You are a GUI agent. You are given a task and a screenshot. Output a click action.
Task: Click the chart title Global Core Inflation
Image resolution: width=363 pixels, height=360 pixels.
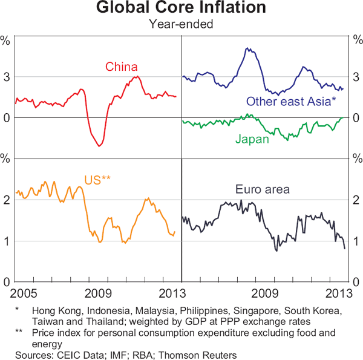tap(181, 8)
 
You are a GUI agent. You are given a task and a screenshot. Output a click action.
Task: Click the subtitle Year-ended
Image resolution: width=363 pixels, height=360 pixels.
tap(181, 25)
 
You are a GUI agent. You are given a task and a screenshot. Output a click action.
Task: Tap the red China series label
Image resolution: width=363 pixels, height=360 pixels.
tap(122, 67)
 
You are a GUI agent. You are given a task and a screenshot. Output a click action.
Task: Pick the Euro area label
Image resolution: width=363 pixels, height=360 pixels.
tap(263, 189)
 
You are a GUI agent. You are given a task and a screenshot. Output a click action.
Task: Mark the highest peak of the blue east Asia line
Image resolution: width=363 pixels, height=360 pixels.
tap(247, 48)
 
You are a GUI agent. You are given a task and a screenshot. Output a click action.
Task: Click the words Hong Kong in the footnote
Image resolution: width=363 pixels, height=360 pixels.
tap(58, 310)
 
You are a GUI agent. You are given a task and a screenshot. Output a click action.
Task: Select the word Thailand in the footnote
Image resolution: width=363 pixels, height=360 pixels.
tap(91, 321)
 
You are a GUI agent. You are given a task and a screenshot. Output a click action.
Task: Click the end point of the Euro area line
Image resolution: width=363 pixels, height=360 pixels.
tap(345, 249)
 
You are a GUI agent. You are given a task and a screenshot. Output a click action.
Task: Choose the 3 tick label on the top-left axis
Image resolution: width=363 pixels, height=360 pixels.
tap(7, 77)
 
